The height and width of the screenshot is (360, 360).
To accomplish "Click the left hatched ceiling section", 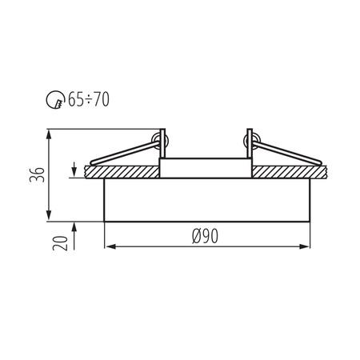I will click(120, 171).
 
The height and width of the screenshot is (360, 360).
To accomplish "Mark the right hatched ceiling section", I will click(292, 171).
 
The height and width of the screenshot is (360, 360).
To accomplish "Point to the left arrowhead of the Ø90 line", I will click(110, 246).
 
